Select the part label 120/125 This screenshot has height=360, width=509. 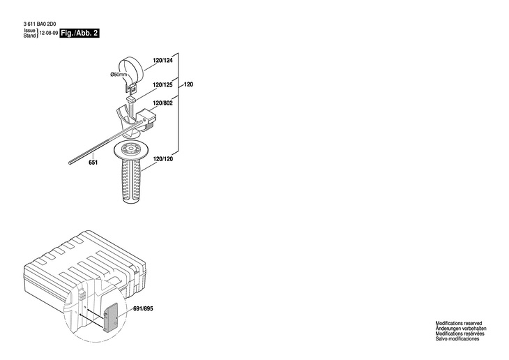tap(162, 85)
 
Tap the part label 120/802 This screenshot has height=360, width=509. tap(162, 103)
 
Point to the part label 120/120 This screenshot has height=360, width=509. tap(162, 159)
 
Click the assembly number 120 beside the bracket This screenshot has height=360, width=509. tap(188, 85)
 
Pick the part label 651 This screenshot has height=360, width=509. tap(93, 163)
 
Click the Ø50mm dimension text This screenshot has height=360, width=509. tap(119, 75)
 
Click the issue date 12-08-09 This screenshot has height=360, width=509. tap(49, 33)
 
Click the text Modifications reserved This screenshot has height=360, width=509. tap(458, 324)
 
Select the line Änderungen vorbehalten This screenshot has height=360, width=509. tap(461, 329)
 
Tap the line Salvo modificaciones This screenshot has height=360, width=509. tap(457, 339)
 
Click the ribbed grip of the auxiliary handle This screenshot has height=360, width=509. tap(130, 182)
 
